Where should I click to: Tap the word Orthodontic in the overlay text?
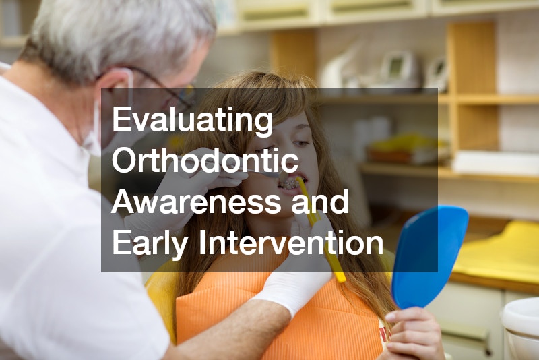coord(205,162)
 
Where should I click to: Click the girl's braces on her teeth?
coord(290,183)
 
